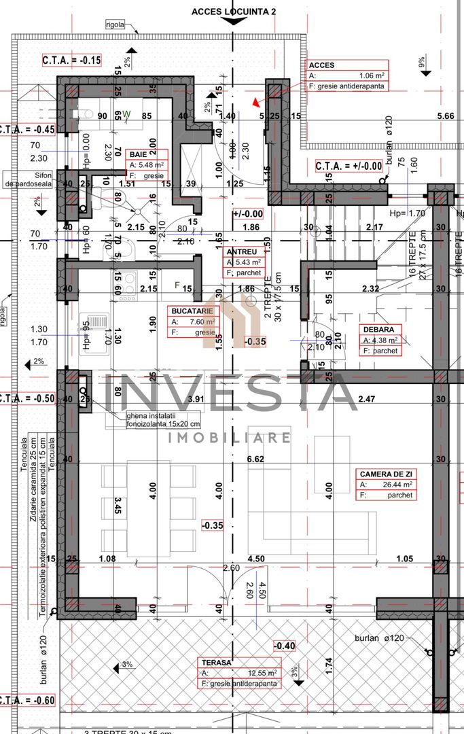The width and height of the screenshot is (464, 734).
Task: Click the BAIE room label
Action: point(139,155)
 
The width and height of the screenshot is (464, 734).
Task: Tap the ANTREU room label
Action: point(241,251)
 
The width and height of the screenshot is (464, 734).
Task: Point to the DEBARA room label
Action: point(375,330)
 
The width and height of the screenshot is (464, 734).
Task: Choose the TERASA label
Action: point(216,661)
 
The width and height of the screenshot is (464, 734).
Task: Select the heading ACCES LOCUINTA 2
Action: point(234,12)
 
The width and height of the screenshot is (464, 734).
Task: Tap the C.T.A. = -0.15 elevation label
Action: point(71,60)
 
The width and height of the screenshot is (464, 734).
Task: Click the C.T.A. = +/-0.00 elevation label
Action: point(349,166)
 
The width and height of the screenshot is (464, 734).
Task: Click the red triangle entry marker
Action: point(256,102)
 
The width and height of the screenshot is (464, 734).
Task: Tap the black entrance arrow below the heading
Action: point(234,22)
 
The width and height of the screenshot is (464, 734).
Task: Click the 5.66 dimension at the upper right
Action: point(446,116)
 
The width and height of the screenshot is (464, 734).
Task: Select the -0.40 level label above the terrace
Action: point(285,645)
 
